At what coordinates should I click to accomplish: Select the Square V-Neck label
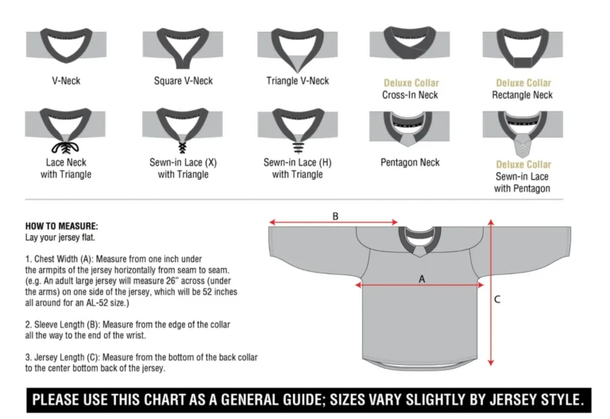(184, 81)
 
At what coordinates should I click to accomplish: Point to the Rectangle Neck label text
(522, 95)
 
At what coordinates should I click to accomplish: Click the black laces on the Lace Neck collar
(66, 148)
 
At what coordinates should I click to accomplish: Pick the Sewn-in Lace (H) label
(298, 162)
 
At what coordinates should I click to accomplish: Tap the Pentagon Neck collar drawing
(410, 127)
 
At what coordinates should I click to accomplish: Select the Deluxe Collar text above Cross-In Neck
(411, 83)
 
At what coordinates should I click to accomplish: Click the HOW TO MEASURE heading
(62, 226)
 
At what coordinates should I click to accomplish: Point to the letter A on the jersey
(422, 278)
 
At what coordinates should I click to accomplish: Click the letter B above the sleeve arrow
(335, 215)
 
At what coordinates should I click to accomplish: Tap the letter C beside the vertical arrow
(497, 300)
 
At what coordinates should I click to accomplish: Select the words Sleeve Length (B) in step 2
(65, 324)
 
